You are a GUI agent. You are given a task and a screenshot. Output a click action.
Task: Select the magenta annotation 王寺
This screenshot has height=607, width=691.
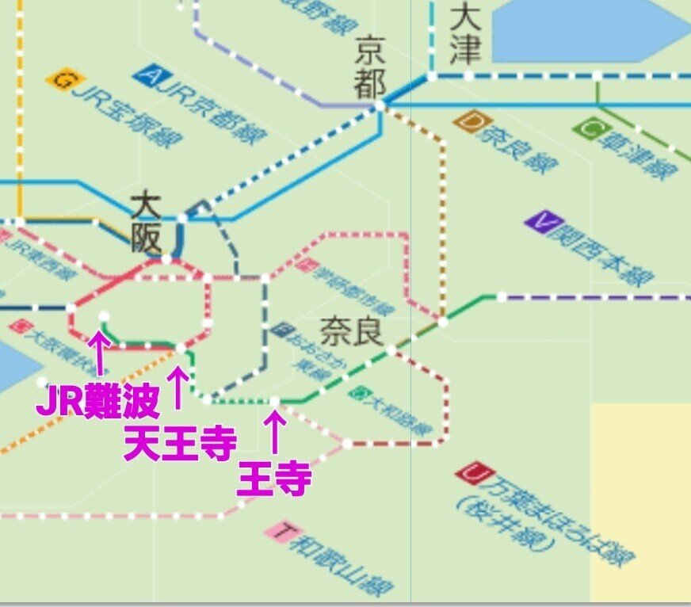click(x=273, y=479)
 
